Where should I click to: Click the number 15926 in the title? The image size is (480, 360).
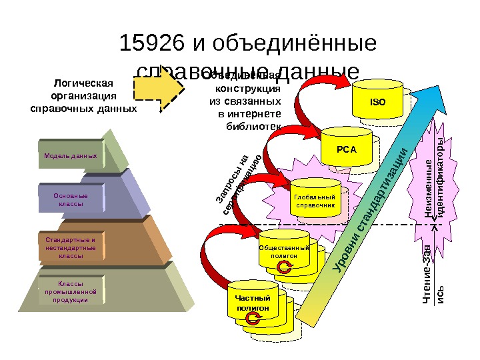click(152, 45)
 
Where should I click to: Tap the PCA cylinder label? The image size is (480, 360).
click(345, 147)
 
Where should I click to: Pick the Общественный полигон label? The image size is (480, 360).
click(284, 251)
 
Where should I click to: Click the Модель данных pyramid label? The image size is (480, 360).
click(71, 156)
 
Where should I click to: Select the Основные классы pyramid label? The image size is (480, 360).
click(71, 199)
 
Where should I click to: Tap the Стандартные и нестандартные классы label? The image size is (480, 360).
click(71, 247)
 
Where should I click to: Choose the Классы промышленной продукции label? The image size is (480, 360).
click(71, 292)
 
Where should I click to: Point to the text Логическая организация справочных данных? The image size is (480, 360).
click(84, 95)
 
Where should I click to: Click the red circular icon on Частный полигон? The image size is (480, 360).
click(253, 320)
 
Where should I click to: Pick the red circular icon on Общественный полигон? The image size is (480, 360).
click(285, 268)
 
